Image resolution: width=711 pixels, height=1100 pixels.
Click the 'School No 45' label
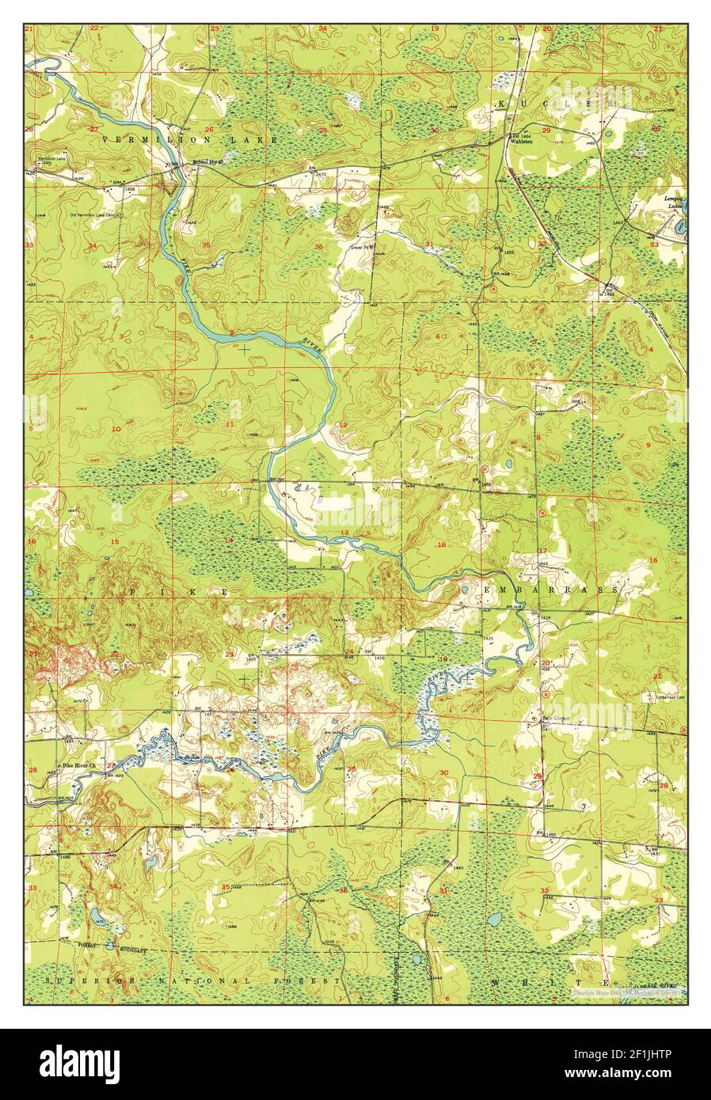[210, 163]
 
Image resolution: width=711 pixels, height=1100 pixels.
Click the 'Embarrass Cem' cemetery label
[669, 697]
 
